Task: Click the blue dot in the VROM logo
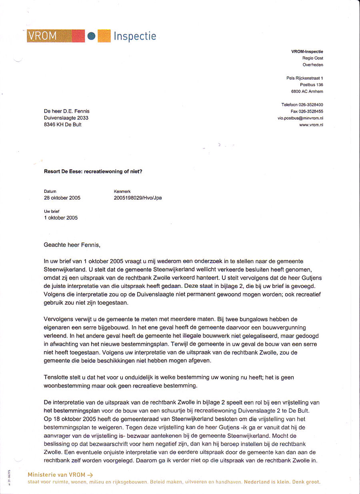pos(92,36)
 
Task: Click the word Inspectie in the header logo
pos(135,36)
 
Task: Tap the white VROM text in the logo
pos(42,36)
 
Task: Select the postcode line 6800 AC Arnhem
pos(307,92)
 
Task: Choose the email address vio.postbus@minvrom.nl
pos(300,118)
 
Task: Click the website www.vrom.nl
pos(311,125)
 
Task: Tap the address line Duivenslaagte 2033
pos(66,118)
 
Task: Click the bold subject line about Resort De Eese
pos(93,172)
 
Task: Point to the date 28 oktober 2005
pos(62,198)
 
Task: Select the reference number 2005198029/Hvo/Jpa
pos(138,198)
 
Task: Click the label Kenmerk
pos(122,192)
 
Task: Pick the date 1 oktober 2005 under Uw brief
pos(61,218)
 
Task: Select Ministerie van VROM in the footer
pos(56,475)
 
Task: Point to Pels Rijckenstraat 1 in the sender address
pos(305,78)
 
